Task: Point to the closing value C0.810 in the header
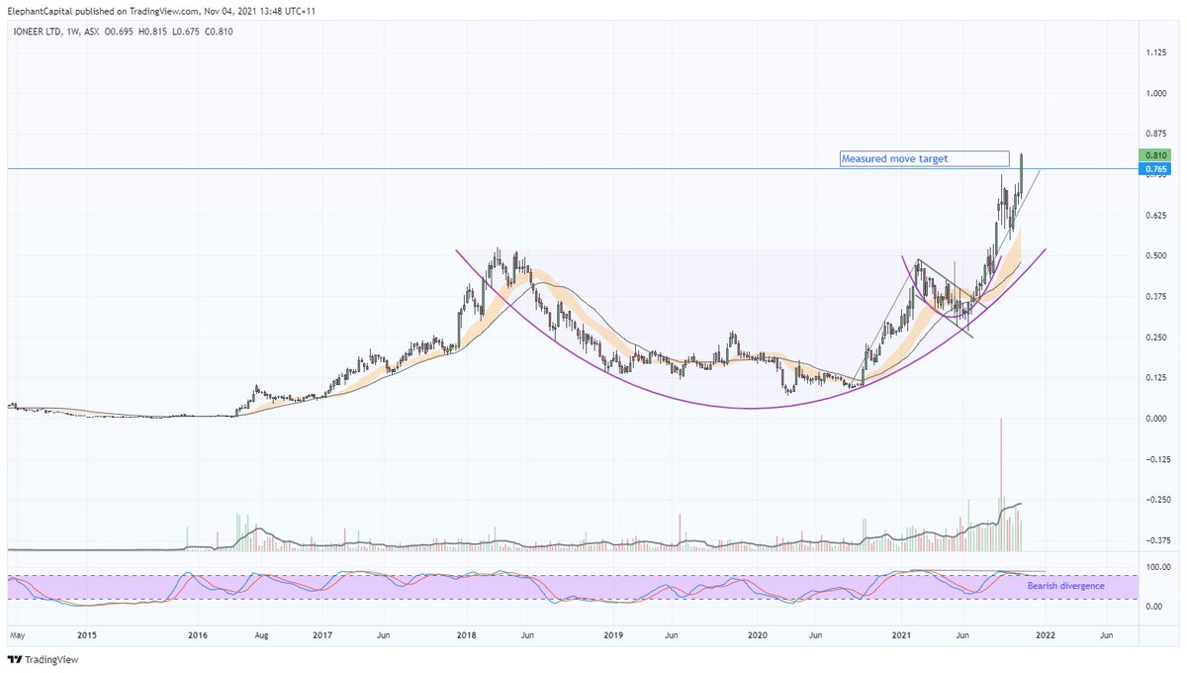[x=218, y=31]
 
